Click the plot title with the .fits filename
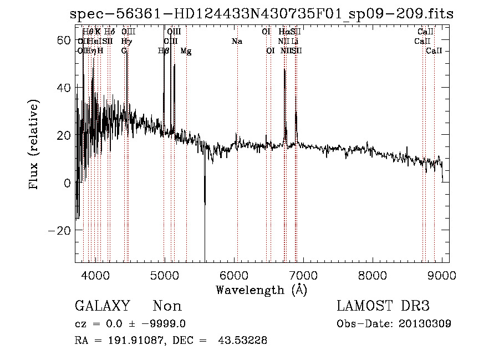[x=262, y=14]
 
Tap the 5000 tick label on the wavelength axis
[x=164, y=274]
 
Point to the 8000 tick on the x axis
[x=372, y=274]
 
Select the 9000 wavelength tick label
[x=441, y=274]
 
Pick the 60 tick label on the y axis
[x=64, y=40]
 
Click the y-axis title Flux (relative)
[x=34, y=145]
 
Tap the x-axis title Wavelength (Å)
[x=261, y=290]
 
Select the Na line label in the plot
[x=237, y=41]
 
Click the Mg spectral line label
[x=186, y=50]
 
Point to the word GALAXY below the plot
[x=103, y=306]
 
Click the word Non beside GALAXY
[x=167, y=306]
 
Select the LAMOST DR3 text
[x=383, y=306]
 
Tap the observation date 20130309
[x=425, y=324]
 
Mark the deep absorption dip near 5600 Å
[x=205, y=244]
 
